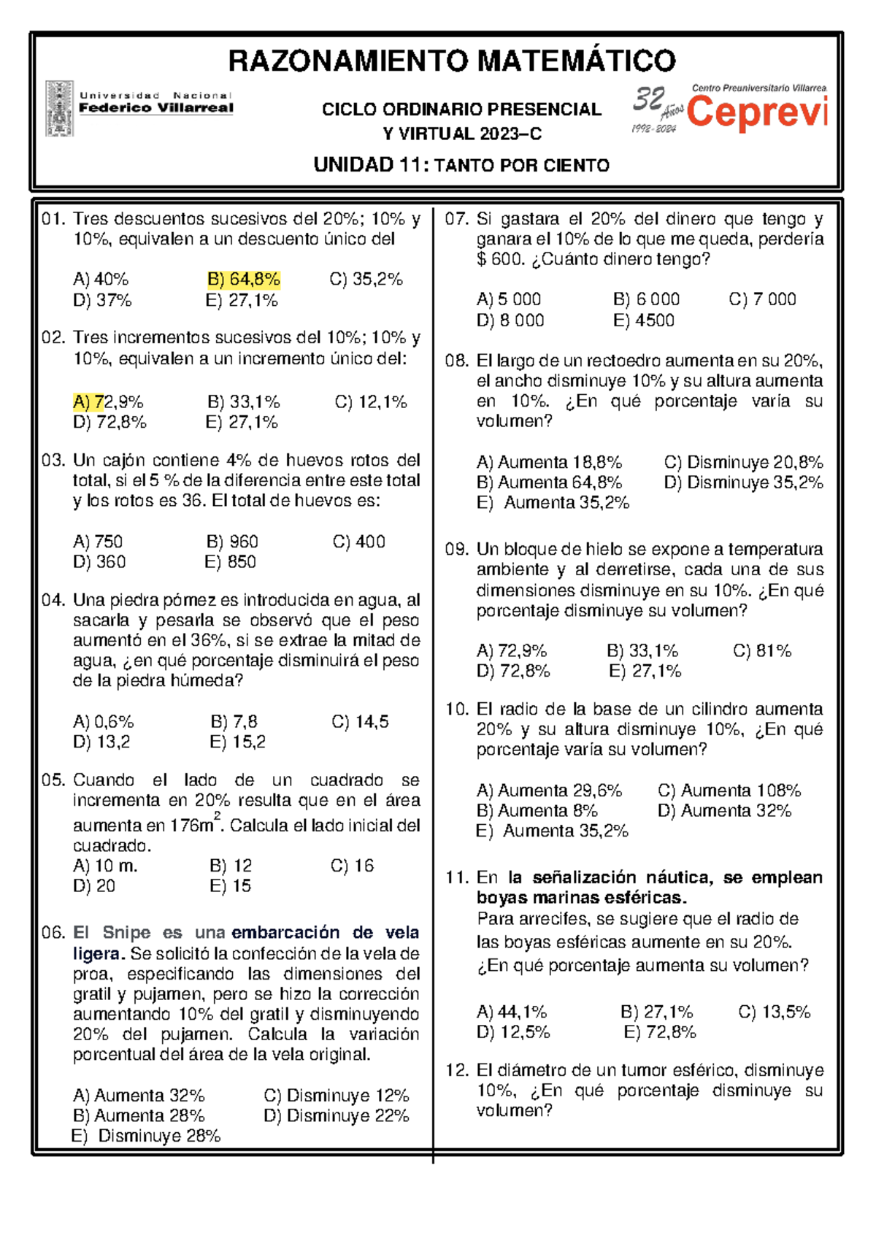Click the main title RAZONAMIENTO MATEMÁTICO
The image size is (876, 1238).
click(452, 61)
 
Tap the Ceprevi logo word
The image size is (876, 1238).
click(757, 113)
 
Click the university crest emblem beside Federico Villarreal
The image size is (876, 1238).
click(59, 108)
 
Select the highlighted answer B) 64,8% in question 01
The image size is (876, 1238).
click(244, 280)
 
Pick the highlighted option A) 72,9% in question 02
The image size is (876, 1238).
click(108, 402)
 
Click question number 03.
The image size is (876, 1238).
click(53, 461)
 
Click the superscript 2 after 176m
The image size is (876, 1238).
click(217, 816)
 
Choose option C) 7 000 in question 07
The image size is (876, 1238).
click(762, 299)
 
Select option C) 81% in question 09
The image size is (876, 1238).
click(761, 651)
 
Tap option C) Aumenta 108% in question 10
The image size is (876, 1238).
click(729, 791)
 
